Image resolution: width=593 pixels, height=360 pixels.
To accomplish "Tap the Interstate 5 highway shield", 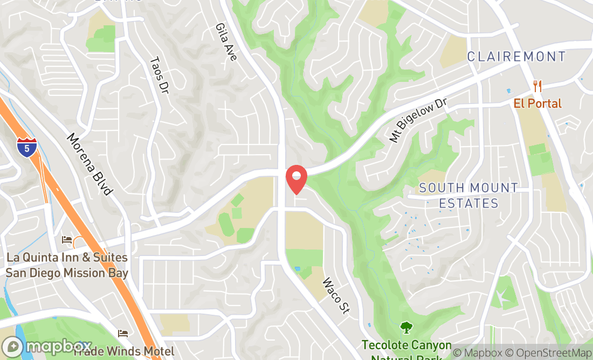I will click(x=26, y=147).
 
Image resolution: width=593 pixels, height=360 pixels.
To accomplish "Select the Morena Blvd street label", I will click(x=89, y=164).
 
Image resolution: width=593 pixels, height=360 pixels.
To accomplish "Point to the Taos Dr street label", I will click(x=158, y=74).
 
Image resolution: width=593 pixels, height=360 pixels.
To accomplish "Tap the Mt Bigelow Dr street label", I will click(x=419, y=120).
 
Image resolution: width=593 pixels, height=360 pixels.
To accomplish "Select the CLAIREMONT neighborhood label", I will click(x=516, y=57).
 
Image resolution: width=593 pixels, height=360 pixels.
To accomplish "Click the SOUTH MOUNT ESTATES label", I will click(x=468, y=196).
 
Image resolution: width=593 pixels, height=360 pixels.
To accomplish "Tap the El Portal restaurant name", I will click(x=537, y=103).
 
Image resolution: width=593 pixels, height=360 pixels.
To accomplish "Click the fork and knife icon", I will click(x=537, y=86).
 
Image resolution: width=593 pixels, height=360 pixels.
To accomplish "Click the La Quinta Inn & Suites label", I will click(x=67, y=265).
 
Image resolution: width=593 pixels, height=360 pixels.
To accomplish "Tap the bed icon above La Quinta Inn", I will click(x=67, y=239).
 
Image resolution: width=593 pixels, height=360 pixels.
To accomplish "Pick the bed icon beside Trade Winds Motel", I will click(x=123, y=334).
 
